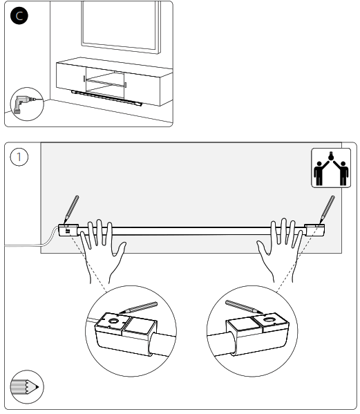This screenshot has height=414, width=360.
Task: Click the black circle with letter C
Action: pyautogui.click(x=19, y=16)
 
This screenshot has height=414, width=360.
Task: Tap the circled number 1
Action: pyautogui.click(x=19, y=157)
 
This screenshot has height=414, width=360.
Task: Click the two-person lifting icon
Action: pyautogui.click(x=331, y=168)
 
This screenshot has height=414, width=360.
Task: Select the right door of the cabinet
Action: pyautogui.click(x=142, y=88)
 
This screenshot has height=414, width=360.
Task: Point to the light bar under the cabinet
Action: pyautogui.click(x=106, y=98)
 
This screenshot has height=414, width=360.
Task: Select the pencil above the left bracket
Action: pyautogui.click(x=71, y=209)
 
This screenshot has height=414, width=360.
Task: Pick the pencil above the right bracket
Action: pyautogui.click(x=328, y=209)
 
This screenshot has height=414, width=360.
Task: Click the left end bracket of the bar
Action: pyautogui.click(x=68, y=230)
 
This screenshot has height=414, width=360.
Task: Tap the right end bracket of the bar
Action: pyautogui.click(x=314, y=229)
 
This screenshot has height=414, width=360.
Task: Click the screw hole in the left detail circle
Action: pyautogui.click(x=114, y=321)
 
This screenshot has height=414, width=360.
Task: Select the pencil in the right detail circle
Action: pyautogui.click(x=244, y=307)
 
